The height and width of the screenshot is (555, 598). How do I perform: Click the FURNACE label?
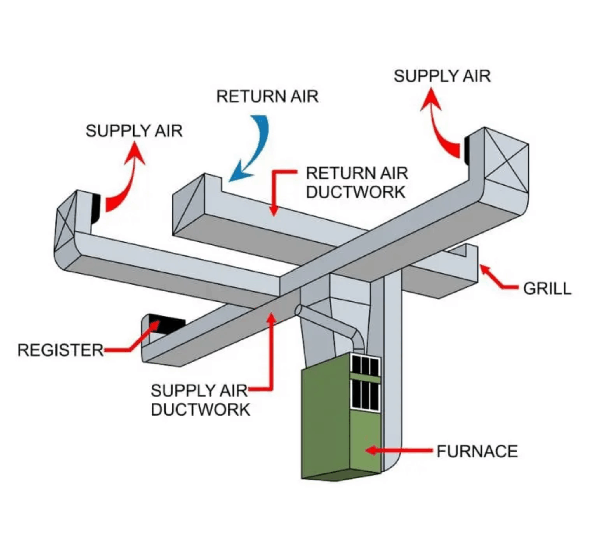pos(477,451)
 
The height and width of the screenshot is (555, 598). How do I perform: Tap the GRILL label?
pos(547,289)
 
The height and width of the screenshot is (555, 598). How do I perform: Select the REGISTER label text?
pos(60,350)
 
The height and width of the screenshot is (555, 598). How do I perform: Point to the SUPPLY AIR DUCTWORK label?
pos(200,400)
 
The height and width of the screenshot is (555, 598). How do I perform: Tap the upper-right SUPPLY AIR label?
pos(442,76)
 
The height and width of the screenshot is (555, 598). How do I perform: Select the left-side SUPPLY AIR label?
pos(134,131)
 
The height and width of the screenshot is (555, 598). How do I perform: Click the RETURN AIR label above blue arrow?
pos(267,97)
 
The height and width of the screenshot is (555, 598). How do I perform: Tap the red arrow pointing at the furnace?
pos(399,450)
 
